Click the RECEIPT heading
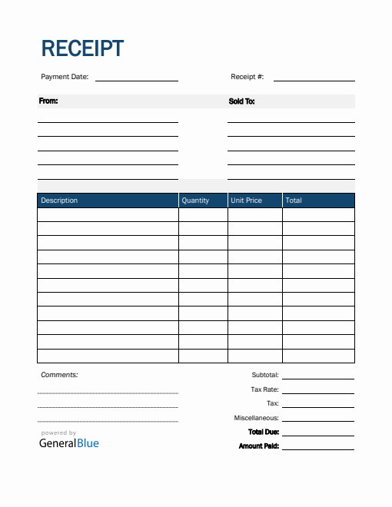point(81,48)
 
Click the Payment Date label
point(65,77)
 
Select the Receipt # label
point(247,77)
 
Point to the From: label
point(48,101)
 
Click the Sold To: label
point(241,101)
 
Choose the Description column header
point(59,200)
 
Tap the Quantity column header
point(195,200)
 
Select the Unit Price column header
point(246,200)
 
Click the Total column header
point(294,200)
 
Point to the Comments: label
point(59,375)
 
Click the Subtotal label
point(265,376)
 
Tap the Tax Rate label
point(264,389)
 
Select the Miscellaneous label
point(256,418)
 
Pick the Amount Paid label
point(258,446)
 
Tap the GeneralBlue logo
point(69,442)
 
